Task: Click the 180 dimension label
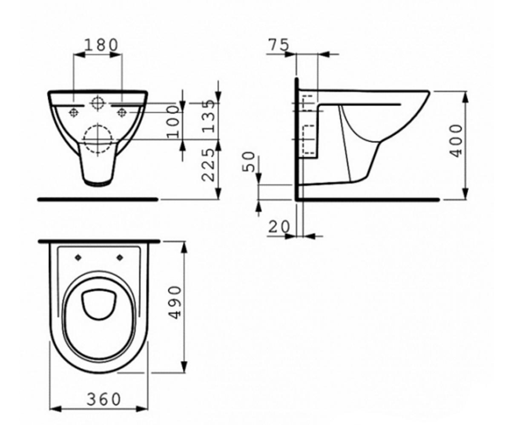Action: pos(101,45)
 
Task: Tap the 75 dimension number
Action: pos(279,45)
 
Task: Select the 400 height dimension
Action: pos(456,141)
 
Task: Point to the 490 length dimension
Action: pos(175,302)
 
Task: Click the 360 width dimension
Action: pos(104,399)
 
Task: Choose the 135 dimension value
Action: pos(209,116)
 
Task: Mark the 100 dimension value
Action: pos(173,122)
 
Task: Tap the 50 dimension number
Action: pos(249,161)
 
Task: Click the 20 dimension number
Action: pos(279,227)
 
